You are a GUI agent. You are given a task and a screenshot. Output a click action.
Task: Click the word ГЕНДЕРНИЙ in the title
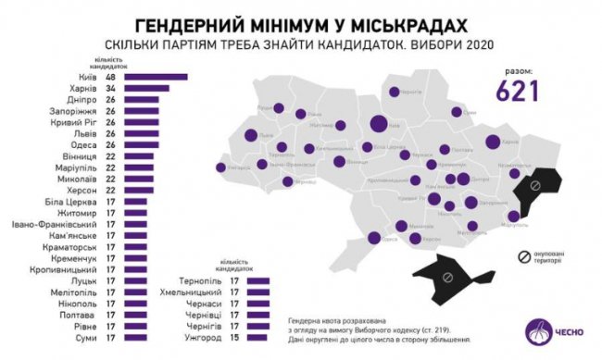186,23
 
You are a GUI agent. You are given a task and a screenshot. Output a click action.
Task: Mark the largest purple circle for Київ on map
378,124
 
